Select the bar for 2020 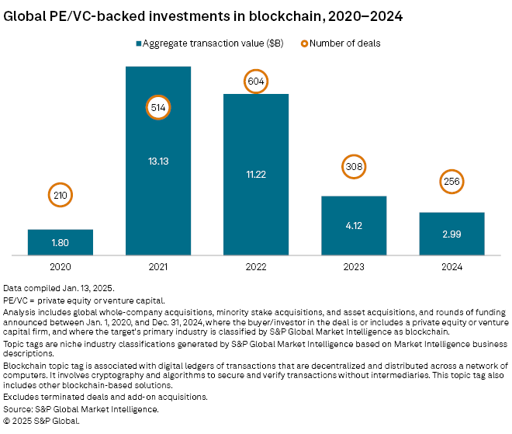coord(61,241)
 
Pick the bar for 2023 coord(354,225)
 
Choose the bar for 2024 coord(451,233)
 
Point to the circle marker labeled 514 coord(158,108)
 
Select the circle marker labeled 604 coord(256,81)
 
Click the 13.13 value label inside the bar coord(158,161)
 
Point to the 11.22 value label coord(256,175)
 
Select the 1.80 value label coord(61,242)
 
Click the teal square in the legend coord(140,43)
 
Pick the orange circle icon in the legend coord(303,43)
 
